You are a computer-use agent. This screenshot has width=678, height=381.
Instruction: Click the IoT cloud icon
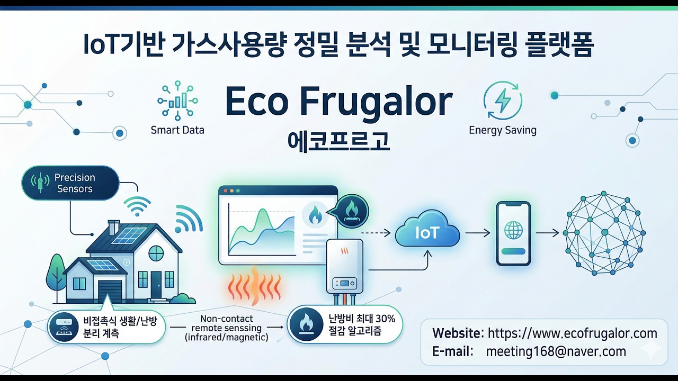[427, 233]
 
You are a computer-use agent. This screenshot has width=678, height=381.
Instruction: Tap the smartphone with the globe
[513, 233]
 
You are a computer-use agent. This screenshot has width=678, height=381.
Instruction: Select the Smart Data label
[177, 130]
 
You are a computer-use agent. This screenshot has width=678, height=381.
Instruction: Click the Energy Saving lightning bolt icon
[503, 100]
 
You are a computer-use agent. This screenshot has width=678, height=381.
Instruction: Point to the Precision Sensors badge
[70, 183]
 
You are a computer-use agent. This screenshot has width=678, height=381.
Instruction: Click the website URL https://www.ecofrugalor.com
[572, 333]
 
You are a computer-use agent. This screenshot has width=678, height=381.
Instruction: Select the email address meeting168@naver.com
[556, 351]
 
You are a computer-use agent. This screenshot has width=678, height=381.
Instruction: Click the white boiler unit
[345, 265]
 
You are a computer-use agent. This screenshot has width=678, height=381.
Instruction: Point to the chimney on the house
[114, 228]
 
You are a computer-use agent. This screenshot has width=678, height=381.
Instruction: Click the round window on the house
[156, 253]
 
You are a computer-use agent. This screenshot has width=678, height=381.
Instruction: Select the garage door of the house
[110, 292]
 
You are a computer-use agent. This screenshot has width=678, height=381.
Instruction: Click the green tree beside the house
[56, 273]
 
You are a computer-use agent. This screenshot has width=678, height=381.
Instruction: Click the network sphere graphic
[603, 233]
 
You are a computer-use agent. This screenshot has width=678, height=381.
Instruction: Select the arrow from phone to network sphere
[547, 233]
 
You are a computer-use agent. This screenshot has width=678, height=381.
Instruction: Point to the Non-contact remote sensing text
[227, 328]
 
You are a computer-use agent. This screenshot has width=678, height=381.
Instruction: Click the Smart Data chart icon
[177, 100]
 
